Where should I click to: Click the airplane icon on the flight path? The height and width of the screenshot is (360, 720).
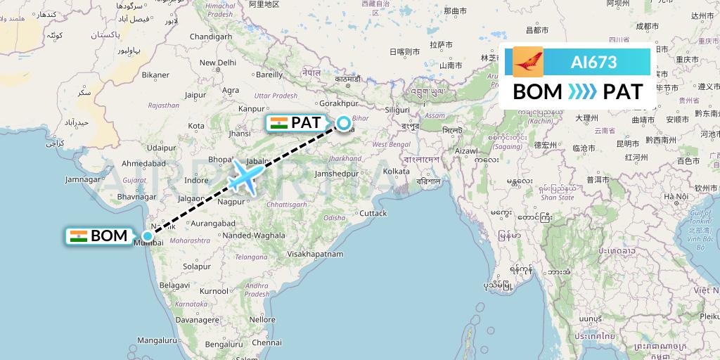click(244, 176)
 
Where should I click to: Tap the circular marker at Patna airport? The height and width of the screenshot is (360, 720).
click(344, 124)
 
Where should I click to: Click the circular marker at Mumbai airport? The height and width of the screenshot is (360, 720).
click(147, 236)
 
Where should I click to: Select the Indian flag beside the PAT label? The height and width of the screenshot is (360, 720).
click(279, 123)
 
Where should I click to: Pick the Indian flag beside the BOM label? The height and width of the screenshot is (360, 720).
click(78, 236)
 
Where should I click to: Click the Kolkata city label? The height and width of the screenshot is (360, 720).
click(397, 171)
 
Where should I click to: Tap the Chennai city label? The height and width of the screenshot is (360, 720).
click(266, 342)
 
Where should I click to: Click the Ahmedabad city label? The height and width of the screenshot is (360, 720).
click(143, 163)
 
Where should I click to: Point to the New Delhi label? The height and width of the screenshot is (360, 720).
click(217, 63)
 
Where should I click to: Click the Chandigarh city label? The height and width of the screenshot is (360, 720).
click(210, 37)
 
